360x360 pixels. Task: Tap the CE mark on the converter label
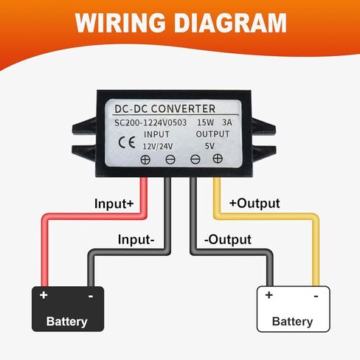tap(127, 142)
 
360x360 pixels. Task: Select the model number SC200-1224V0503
tap(150, 122)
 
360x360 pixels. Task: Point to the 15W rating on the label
tap(205, 122)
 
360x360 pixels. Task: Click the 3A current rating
tap(227, 122)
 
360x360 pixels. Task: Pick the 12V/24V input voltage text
tap(158, 146)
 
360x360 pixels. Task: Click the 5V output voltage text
tap(210, 146)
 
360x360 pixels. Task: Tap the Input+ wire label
tap(114, 204)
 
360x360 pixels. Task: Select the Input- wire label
tap(136, 240)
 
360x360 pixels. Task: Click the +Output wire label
tap(255, 204)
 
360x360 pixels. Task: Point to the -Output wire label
tap(228, 240)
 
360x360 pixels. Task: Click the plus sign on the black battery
tap(44, 294)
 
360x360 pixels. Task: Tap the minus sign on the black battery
tap(91, 296)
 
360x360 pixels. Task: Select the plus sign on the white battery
tap(269, 294)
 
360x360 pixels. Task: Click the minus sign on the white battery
tap(316, 296)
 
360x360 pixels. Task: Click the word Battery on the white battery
tap(292, 322)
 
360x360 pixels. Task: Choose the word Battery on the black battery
tap(67, 322)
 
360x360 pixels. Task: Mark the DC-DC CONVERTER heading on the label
tap(165, 108)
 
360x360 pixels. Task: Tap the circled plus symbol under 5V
tap(218, 159)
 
